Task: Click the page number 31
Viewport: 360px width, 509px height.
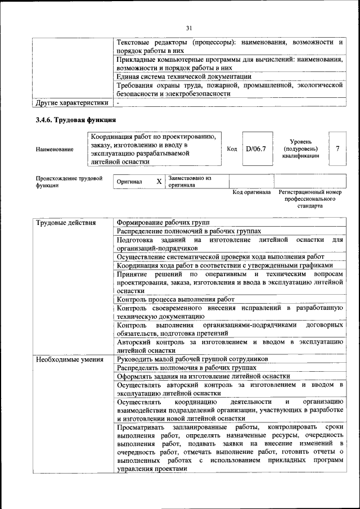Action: point(189,29)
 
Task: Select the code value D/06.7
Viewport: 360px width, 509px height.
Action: point(255,148)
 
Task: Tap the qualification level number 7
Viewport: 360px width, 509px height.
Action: point(337,148)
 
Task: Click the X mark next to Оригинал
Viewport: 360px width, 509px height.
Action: point(159,182)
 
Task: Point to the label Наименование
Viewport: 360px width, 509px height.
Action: point(54,150)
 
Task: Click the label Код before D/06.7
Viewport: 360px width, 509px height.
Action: point(232,148)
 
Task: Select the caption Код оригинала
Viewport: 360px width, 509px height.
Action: point(251,192)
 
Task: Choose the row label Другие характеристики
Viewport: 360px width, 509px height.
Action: point(71,103)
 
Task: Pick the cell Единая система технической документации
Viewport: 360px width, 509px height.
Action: point(184,76)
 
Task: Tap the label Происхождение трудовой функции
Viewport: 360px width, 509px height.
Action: point(69,182)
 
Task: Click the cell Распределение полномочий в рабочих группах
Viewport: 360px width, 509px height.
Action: point(189,231)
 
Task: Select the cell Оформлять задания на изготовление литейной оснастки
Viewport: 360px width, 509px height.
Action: point(204,376)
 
